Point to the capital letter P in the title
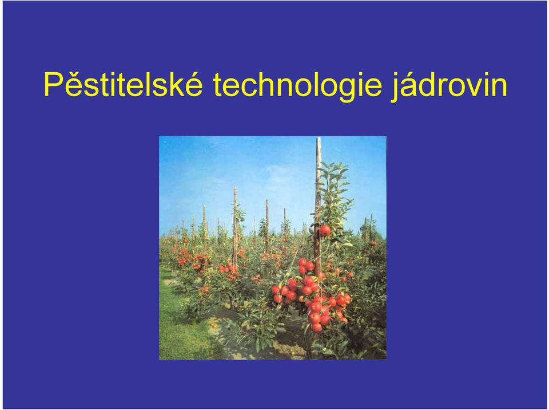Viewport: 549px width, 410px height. pyautogui.click(x=53, y=84)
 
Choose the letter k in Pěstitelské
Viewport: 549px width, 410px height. pyautogui.click(x=177, y=84)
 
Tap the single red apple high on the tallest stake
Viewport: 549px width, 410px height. pyautogui.click(x=325, y=230)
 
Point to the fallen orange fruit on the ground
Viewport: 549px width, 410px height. pyautogui.click(x=213, y=325)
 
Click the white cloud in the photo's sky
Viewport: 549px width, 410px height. pyautogui.click(x=277, y=174)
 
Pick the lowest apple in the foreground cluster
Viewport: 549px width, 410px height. pyautogui.click(x=317, y=327)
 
